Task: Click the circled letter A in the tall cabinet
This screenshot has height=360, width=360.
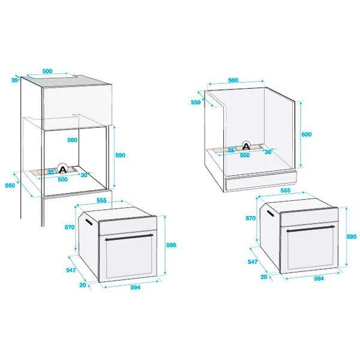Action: coord(62,169)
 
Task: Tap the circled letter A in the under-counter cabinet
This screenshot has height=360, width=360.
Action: coord(246,145)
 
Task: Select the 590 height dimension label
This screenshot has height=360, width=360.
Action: coord(121,155)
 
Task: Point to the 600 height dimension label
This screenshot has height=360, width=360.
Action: coord(307,135)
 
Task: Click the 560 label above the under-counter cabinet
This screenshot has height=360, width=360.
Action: coord(234,80)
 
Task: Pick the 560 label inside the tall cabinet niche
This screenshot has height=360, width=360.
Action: coord(73,140)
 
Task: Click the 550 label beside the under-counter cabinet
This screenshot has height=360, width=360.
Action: coord(196,103)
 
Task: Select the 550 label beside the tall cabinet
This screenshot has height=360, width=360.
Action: coord(10,185)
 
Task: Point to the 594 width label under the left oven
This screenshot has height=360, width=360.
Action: coord(136,288)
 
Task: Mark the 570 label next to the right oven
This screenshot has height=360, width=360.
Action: coord(250,219)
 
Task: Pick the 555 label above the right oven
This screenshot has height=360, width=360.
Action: coord(285,190)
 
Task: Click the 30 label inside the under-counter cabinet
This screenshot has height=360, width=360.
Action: coord(268,152)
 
